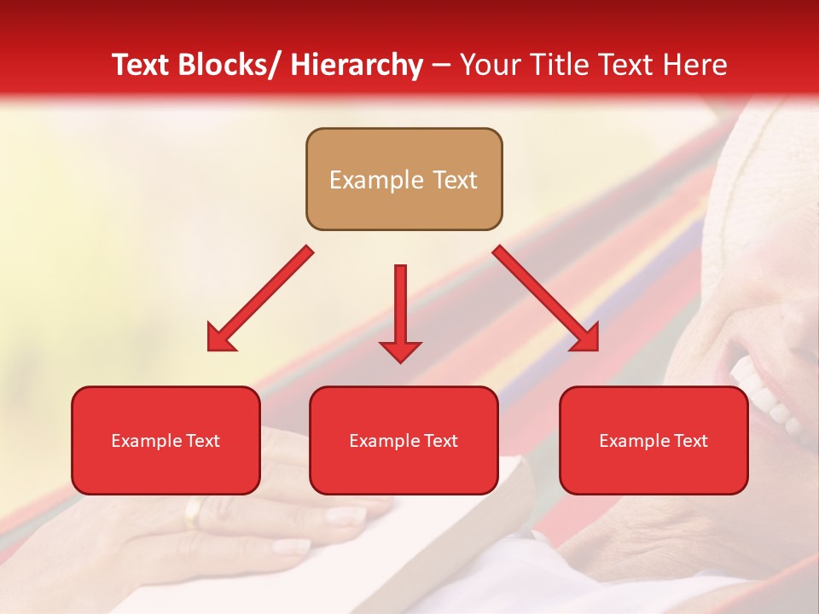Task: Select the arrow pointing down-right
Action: (546, 298)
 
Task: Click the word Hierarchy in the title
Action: (357, 65)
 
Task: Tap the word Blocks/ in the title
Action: (231, 65)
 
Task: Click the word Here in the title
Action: (696, 65)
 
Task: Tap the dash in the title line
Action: (441, 66)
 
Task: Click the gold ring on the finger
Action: (195, 514)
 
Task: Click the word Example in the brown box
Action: (376, 180)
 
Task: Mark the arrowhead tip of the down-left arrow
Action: (209, 350)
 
